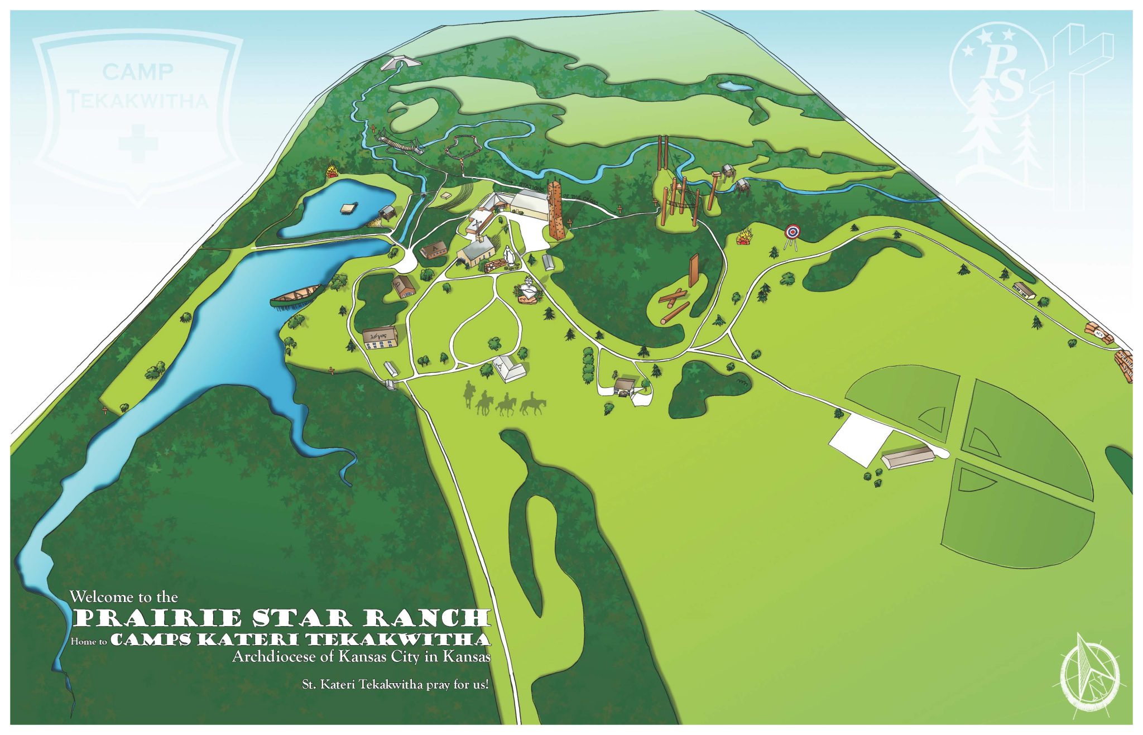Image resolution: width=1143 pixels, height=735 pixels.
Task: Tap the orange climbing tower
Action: point(554,211)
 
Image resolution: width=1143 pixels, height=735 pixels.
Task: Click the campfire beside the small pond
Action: point(333,170)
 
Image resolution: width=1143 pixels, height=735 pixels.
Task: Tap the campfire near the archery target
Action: point(744,238)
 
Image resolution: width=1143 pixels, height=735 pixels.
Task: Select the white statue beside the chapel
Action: point(508,255)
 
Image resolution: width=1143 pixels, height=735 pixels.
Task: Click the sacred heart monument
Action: point(527,291)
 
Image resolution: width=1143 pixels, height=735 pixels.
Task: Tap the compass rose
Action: point(1089,675)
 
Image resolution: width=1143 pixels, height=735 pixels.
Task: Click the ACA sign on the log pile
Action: point(1097,334)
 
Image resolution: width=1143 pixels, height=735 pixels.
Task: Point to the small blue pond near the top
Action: point(735,87)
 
